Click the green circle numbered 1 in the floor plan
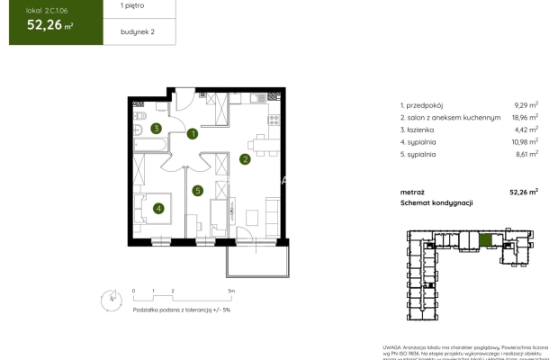(x=193, y=135)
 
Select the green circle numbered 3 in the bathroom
(x=156, y=129)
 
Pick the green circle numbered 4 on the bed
(x=158, y=209)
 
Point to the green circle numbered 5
(x=198, y=190)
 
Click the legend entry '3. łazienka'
(x=419, y=130)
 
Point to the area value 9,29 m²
(x=523, y=105)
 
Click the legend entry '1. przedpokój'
(x=423, y=105)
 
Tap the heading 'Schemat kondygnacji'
(x=436, y=203)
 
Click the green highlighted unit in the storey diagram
(x=485, y=239)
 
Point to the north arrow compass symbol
(x=109, y=295)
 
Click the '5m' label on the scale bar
(x=231, y=292)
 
